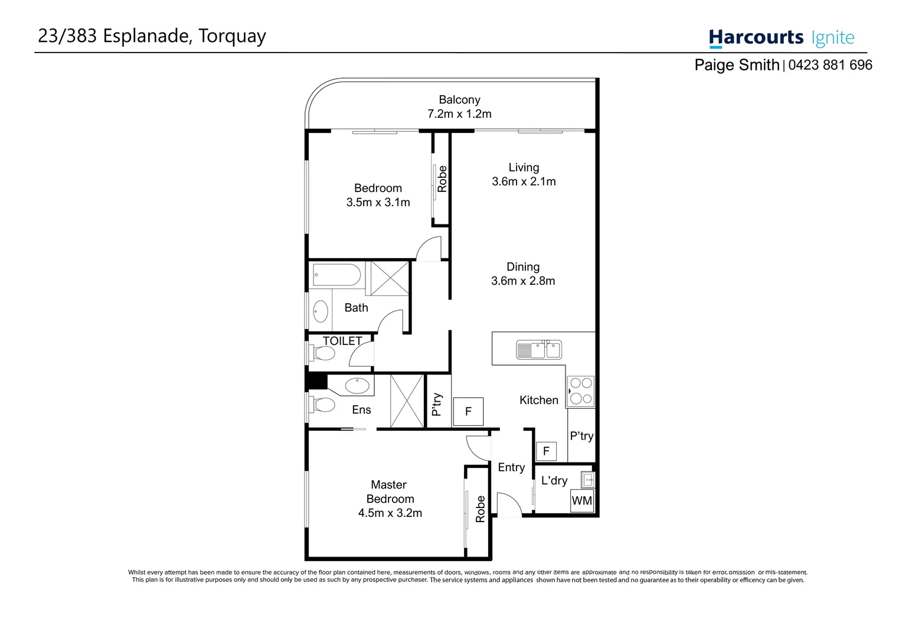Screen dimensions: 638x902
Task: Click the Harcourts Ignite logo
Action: pos(781,38)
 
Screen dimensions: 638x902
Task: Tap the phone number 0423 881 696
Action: pos(829,65)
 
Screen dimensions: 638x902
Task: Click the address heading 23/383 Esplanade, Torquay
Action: pos(152,36)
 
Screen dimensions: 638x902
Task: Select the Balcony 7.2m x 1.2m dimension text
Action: pos(459,114)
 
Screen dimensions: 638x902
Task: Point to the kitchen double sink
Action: pos(538,350)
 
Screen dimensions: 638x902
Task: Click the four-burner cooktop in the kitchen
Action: pos(581,391)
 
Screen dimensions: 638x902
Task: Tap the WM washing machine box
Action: pos(581,501)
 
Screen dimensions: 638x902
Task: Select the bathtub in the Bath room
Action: pos(336,275)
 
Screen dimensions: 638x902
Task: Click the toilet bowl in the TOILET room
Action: pos(323,354)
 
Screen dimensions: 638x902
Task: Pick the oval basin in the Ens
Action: pos(357,386)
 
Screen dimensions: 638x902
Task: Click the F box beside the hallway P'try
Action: pos(468,412)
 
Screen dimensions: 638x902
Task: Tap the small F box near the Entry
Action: pos(546,451)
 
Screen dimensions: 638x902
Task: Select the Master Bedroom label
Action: pos(390,491)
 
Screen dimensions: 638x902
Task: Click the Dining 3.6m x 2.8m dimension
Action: pos(523,281)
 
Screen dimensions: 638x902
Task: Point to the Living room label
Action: pos(524,168)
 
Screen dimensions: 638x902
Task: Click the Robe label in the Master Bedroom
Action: pos(481,509)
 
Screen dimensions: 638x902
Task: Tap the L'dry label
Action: pos(554,481)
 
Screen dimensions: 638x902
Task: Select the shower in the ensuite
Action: pos(407,401)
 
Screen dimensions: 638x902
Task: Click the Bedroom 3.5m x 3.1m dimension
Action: pos(378,203)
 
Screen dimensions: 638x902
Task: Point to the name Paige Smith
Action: pos(736,65)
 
